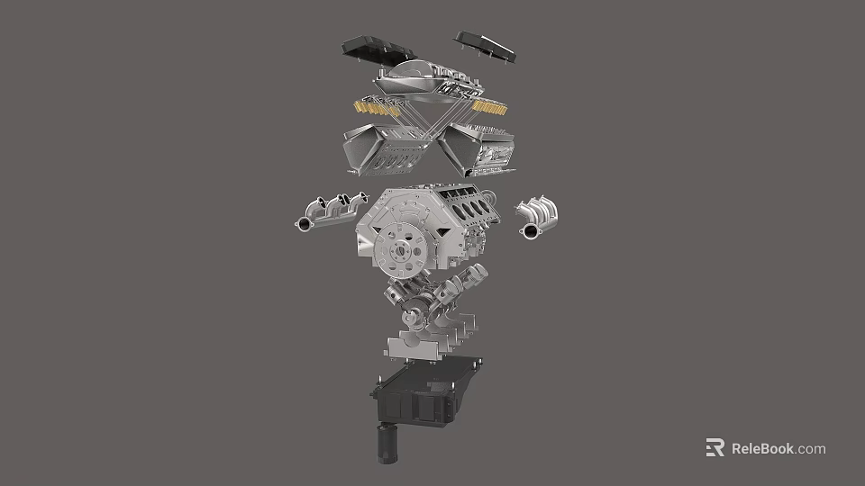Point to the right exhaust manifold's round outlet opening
click(528, 233)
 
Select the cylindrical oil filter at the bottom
click(387, 445)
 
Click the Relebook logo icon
click(715, 448)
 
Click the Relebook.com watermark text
click(778, 448)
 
